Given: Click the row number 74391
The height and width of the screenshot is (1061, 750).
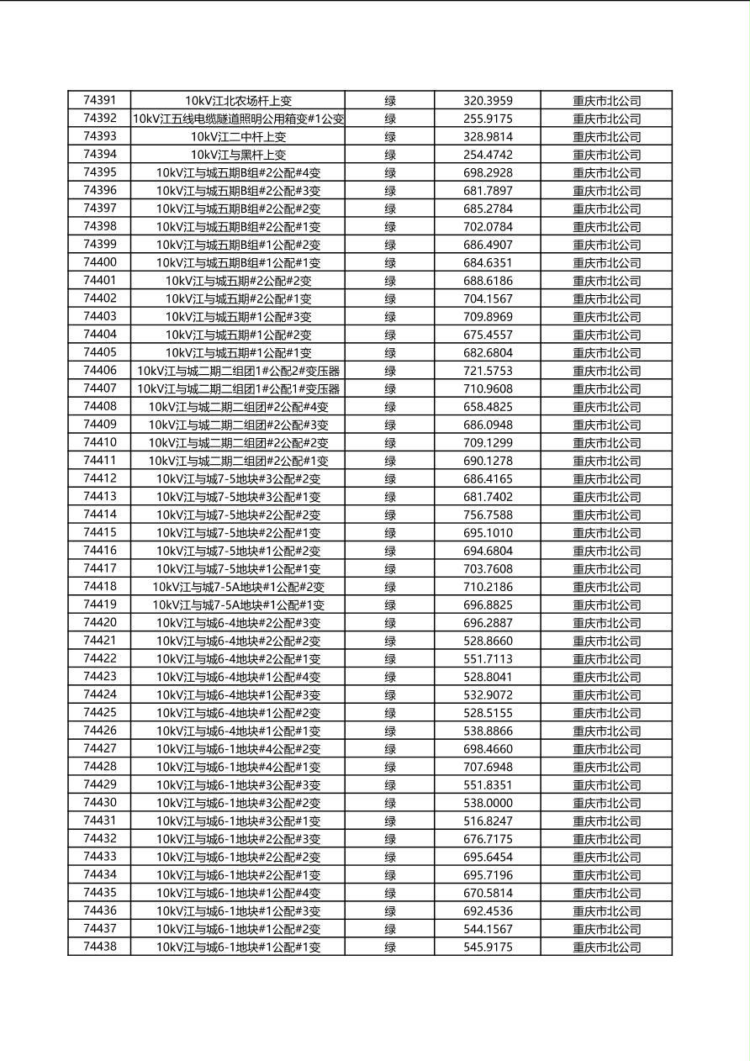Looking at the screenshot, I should coord(99,100).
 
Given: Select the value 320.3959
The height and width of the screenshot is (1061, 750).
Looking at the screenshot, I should coord(488,101).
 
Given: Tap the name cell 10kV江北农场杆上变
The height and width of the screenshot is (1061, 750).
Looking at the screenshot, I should coord(238,101).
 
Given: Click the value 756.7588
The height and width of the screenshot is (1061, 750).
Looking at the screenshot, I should coord(488,515).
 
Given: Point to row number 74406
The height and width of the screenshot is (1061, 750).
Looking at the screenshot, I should coord(99,371).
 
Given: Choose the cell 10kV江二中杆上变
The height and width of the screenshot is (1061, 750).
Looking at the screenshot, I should coord(238,137).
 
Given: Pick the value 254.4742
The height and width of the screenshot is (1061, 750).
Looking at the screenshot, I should coord(488,155).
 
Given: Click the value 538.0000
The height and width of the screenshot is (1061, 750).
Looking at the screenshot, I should coord(488,803).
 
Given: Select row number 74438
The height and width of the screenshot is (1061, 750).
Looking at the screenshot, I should coord(99,947).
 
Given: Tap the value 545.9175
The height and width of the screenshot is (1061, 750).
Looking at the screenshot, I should coord(488,948).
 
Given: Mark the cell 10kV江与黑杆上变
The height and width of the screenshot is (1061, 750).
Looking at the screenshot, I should coord(238,155).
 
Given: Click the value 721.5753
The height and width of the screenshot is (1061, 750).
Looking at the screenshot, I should coord(488,371).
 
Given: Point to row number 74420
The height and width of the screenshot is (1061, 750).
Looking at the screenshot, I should coord(99,623).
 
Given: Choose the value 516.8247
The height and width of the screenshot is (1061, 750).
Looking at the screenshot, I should coord(488,821).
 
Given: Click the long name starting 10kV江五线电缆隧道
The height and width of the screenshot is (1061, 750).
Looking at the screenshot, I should coord(238,119).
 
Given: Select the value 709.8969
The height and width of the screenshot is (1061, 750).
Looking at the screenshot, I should coord(488,317).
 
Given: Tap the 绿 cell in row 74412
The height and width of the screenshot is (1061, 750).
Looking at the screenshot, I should coord(390,479).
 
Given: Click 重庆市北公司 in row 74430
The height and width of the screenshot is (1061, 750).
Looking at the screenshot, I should coord(606,803).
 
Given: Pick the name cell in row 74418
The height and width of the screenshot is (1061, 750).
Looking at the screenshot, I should coord(238,587).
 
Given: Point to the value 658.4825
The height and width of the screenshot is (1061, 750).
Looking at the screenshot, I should coord(488,407).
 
